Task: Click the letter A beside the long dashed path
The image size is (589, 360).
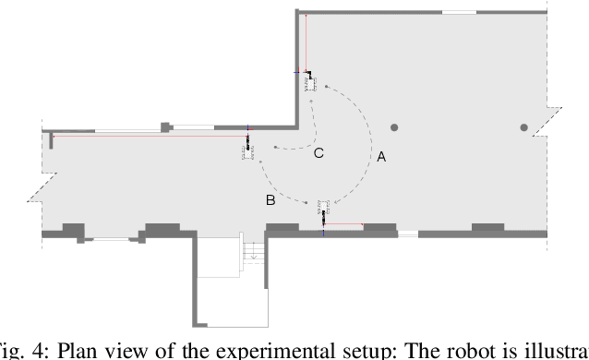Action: click(x=381, y=157)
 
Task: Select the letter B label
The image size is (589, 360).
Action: click(x=270, y=199)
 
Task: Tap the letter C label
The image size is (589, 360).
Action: click(x=319, y=153)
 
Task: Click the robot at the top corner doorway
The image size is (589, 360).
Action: click(x=311, y=80)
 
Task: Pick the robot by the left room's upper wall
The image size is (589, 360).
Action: click(x=247, y=149)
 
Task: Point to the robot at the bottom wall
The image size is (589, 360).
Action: click(x=322, y=210)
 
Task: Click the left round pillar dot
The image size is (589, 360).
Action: click(x=394, y=126)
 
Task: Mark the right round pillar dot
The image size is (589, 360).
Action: click(x=523, y=126)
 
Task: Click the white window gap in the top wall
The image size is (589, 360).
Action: click(x=459, y=12)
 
